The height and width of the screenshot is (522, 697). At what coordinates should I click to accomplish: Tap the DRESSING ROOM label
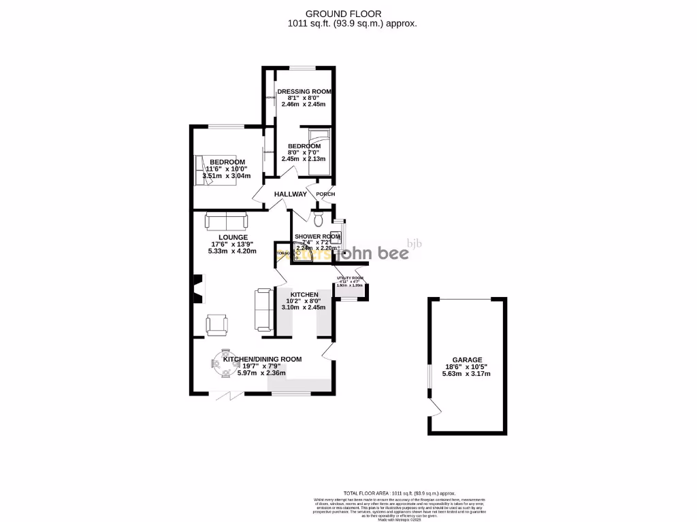point(304,91)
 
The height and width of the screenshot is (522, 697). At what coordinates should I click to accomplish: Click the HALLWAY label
point(291,194)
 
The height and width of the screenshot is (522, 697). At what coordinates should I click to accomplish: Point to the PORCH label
point(325,194)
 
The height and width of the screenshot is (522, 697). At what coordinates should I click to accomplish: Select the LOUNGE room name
point(224,237)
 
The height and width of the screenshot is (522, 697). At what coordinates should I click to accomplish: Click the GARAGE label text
point(467,360)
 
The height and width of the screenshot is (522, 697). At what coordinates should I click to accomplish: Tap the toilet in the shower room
point(319,219)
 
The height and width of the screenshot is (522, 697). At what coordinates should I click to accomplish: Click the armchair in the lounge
point(216,324)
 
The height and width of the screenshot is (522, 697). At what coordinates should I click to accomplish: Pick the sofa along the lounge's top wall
point(226,221)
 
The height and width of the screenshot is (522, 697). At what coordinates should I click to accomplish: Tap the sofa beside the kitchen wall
point(263,309)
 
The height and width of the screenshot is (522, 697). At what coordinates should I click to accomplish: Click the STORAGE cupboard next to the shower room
point(282,253)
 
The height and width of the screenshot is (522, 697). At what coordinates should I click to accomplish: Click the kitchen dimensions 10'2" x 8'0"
point(304,300)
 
